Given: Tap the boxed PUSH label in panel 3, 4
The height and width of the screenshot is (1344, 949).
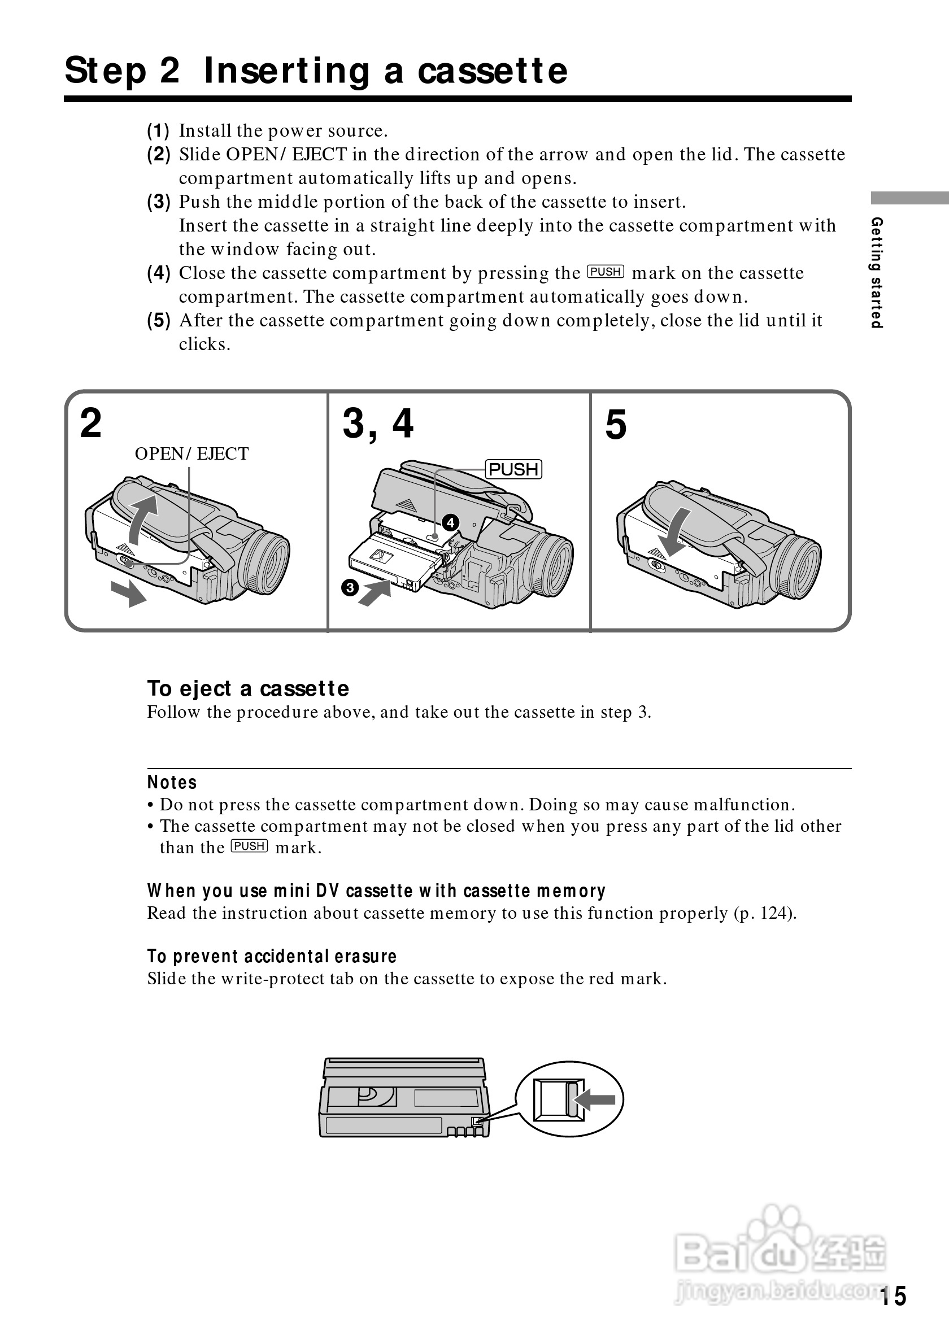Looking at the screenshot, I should [513, 469].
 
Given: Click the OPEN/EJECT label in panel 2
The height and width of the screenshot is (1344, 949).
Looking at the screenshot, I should [191, 453].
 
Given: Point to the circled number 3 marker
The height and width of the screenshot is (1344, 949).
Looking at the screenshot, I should [350, 587].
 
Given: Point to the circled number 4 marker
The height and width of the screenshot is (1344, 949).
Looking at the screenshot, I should [450, 522].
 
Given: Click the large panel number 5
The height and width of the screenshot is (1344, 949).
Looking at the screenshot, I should [616, 425].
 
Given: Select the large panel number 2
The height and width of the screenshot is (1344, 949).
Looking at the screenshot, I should [91, 423].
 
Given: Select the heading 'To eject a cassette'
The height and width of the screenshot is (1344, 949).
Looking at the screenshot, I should [247, 689].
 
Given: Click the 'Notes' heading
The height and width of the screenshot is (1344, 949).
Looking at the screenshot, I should [172, 783].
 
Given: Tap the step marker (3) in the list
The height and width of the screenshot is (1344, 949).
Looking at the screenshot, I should [159, 202].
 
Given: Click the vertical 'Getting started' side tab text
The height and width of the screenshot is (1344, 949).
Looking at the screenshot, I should [876, 272].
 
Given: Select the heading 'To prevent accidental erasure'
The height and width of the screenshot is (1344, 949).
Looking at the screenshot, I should [272, 957].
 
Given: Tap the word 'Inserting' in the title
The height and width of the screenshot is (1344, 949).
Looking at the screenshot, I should [286, 71].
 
